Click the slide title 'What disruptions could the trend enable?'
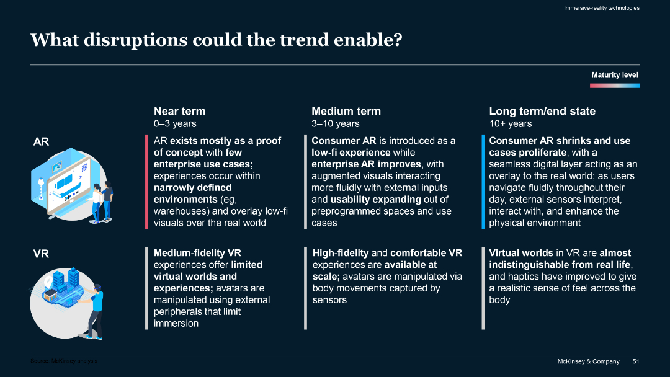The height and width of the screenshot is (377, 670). pyautogui.click(x=217, y=40)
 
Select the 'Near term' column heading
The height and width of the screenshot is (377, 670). pyautogui.click(x=179, y=111)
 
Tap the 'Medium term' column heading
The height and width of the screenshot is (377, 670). pyautogui.click(x=346, y=111)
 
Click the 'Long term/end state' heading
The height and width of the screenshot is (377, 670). pyautogui.click(x=542, y=111)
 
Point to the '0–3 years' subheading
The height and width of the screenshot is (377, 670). pyautogui.click(x=174, y=124)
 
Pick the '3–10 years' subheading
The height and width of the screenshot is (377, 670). pyautogui.click(x=335, y=124)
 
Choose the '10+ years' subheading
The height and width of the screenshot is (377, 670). pyautogui.click(x=510, y=124)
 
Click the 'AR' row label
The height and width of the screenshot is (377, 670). pyautogui.click(x=41, y=142)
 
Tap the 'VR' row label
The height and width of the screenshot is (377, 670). pyautogui.click(x=41, y=254)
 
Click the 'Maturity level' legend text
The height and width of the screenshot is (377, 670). pyautogui.click(x=614, y=75)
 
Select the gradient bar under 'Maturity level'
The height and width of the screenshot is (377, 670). pyautogui.click(x=614, y=85)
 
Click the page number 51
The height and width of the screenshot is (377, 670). pyautogui.click(x=635, y=361)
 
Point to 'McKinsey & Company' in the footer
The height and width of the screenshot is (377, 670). pyautogui.click(x=587, y=361)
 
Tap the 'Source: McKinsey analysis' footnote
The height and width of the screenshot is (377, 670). pyautogui.click(x=64, y=361)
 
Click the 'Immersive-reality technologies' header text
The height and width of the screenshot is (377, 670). pyautogui.click(x=601, y=8)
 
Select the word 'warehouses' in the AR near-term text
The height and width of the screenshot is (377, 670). pyautogui.click(x=181, y=211)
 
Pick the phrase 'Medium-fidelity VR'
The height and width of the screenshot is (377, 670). pyautogui.click(x=197, y=253)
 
